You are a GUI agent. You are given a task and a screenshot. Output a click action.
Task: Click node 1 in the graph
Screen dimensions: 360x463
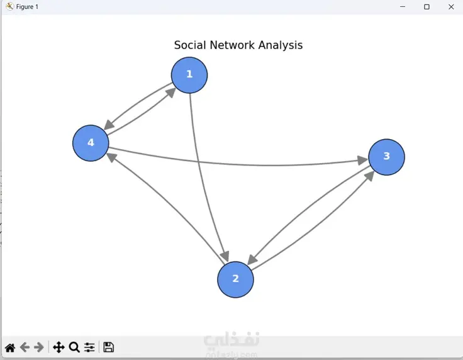pos(189,75)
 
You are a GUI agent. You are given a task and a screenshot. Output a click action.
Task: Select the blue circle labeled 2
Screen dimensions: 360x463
pos(235,279)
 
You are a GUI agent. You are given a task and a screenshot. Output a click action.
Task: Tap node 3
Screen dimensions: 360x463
pos(386,157)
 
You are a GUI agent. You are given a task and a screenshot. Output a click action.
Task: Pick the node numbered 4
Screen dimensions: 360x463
pos(91,143)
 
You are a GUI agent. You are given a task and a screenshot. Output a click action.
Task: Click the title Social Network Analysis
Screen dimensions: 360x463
pos(238,45)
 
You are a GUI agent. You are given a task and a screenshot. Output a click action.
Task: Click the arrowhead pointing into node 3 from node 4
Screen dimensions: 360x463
pos(362,161)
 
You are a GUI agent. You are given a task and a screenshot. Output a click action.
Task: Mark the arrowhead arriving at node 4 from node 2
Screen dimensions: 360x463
pos(111,156)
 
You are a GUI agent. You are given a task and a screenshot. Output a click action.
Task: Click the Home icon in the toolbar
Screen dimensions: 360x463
pos(10,347)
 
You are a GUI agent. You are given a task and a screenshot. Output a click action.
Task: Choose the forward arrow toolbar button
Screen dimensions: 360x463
pos(39,347)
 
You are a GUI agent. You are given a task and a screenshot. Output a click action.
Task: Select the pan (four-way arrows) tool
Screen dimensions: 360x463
pos(59,347)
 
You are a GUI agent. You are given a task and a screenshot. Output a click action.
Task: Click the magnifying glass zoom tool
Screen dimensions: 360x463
pos(74,347)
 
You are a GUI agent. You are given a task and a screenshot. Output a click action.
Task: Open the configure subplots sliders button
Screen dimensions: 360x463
pos(90,347)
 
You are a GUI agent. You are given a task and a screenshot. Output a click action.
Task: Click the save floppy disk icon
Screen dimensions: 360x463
pos(108,347)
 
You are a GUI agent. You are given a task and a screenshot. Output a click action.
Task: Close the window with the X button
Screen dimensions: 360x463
pos(451,7)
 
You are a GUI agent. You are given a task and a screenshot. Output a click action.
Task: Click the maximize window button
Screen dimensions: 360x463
pos(427,7)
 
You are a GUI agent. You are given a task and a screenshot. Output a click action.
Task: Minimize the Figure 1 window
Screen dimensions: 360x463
pos(402,7)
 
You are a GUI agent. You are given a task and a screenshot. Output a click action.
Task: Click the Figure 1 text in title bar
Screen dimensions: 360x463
pos(27,7)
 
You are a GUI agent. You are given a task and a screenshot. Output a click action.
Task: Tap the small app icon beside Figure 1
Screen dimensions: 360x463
pos(9,7)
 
